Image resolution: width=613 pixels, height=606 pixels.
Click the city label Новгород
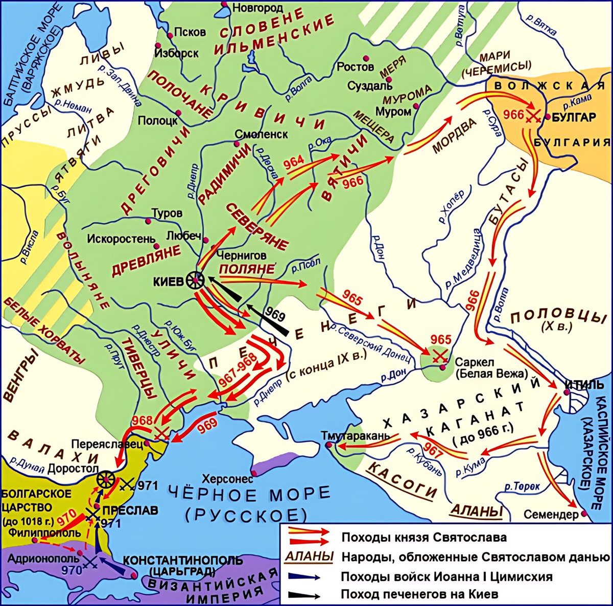click(257, 8)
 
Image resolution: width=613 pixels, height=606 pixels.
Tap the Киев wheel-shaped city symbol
click(195, 280)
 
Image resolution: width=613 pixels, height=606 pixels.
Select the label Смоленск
click(261, 134)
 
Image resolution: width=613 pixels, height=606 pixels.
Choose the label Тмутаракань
click(356, 436)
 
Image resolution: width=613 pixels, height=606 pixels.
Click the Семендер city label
click(551, 514)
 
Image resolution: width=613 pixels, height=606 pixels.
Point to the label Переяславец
click(107, 444)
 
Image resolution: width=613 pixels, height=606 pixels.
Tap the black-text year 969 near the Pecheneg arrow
click(275, 315)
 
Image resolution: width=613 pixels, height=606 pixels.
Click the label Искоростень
click(121, 239)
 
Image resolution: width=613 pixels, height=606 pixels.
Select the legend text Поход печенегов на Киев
click(419, 594)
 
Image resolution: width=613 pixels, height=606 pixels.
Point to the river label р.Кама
click(577, 100)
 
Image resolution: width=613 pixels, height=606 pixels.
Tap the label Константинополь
click(183, 560)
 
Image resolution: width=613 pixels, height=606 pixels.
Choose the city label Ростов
click(356, 66)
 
